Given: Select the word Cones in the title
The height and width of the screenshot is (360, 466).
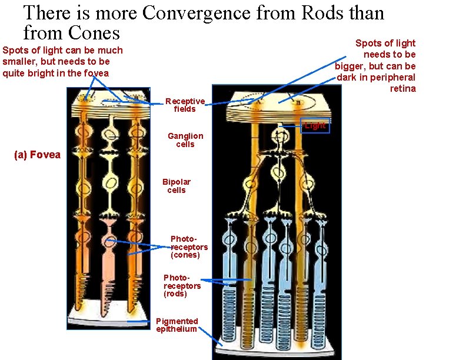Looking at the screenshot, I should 94,32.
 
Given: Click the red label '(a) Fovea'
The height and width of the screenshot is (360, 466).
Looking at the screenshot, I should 37,155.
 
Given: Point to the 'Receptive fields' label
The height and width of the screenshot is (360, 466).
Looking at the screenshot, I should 185,105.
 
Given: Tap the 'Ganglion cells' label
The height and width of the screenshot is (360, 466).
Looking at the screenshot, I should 185,140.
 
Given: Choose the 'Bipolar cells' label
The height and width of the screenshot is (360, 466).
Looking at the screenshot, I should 177,186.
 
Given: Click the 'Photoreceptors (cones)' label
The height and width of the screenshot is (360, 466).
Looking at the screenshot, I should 189,247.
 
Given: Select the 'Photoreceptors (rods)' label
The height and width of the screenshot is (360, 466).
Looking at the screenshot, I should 182,285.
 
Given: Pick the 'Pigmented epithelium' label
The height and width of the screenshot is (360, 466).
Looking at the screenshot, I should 177,325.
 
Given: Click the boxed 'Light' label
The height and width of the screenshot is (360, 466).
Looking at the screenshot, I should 315,125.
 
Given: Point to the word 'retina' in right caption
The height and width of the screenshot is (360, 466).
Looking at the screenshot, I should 402,88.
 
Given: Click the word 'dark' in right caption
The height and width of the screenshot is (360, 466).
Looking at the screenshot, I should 346,77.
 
